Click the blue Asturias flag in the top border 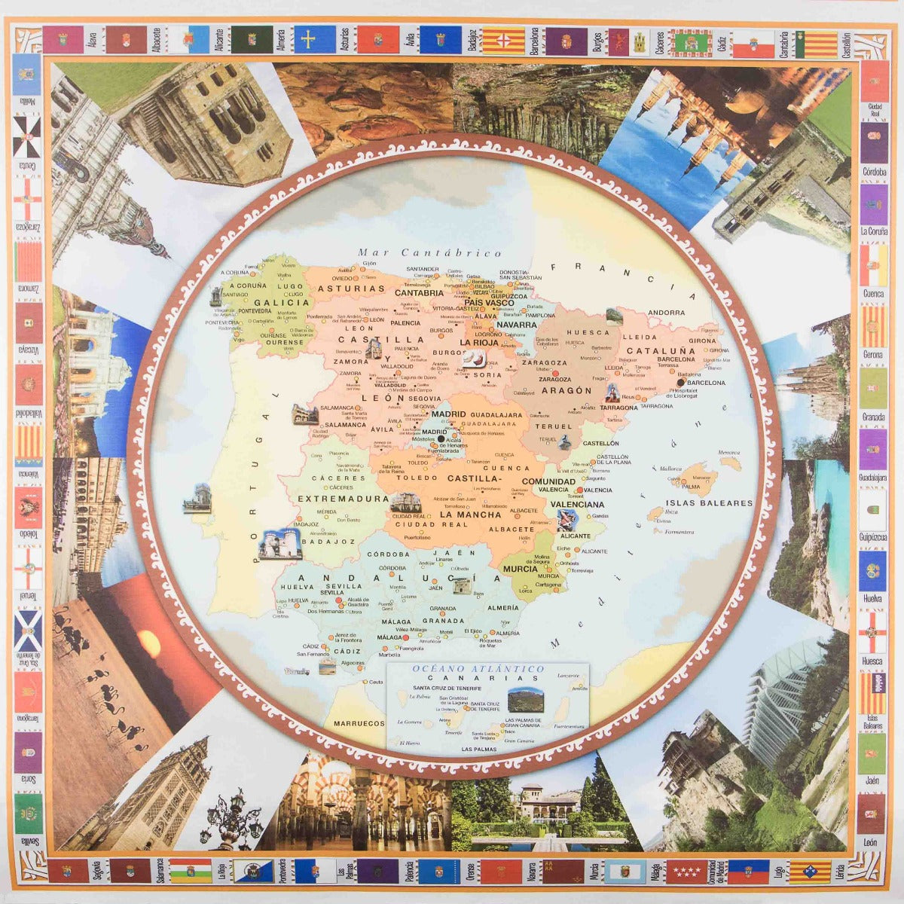tap(315, 39)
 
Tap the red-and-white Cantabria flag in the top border tap(753, 44)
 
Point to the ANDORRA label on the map tap(667, 313)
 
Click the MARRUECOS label tap(359, 723)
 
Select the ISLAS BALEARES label tap(709, 503)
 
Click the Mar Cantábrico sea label tap(430, 254)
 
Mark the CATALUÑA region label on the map tap(661, 351)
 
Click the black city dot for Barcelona tap(680, 382)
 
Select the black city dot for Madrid tap(441, 438)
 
